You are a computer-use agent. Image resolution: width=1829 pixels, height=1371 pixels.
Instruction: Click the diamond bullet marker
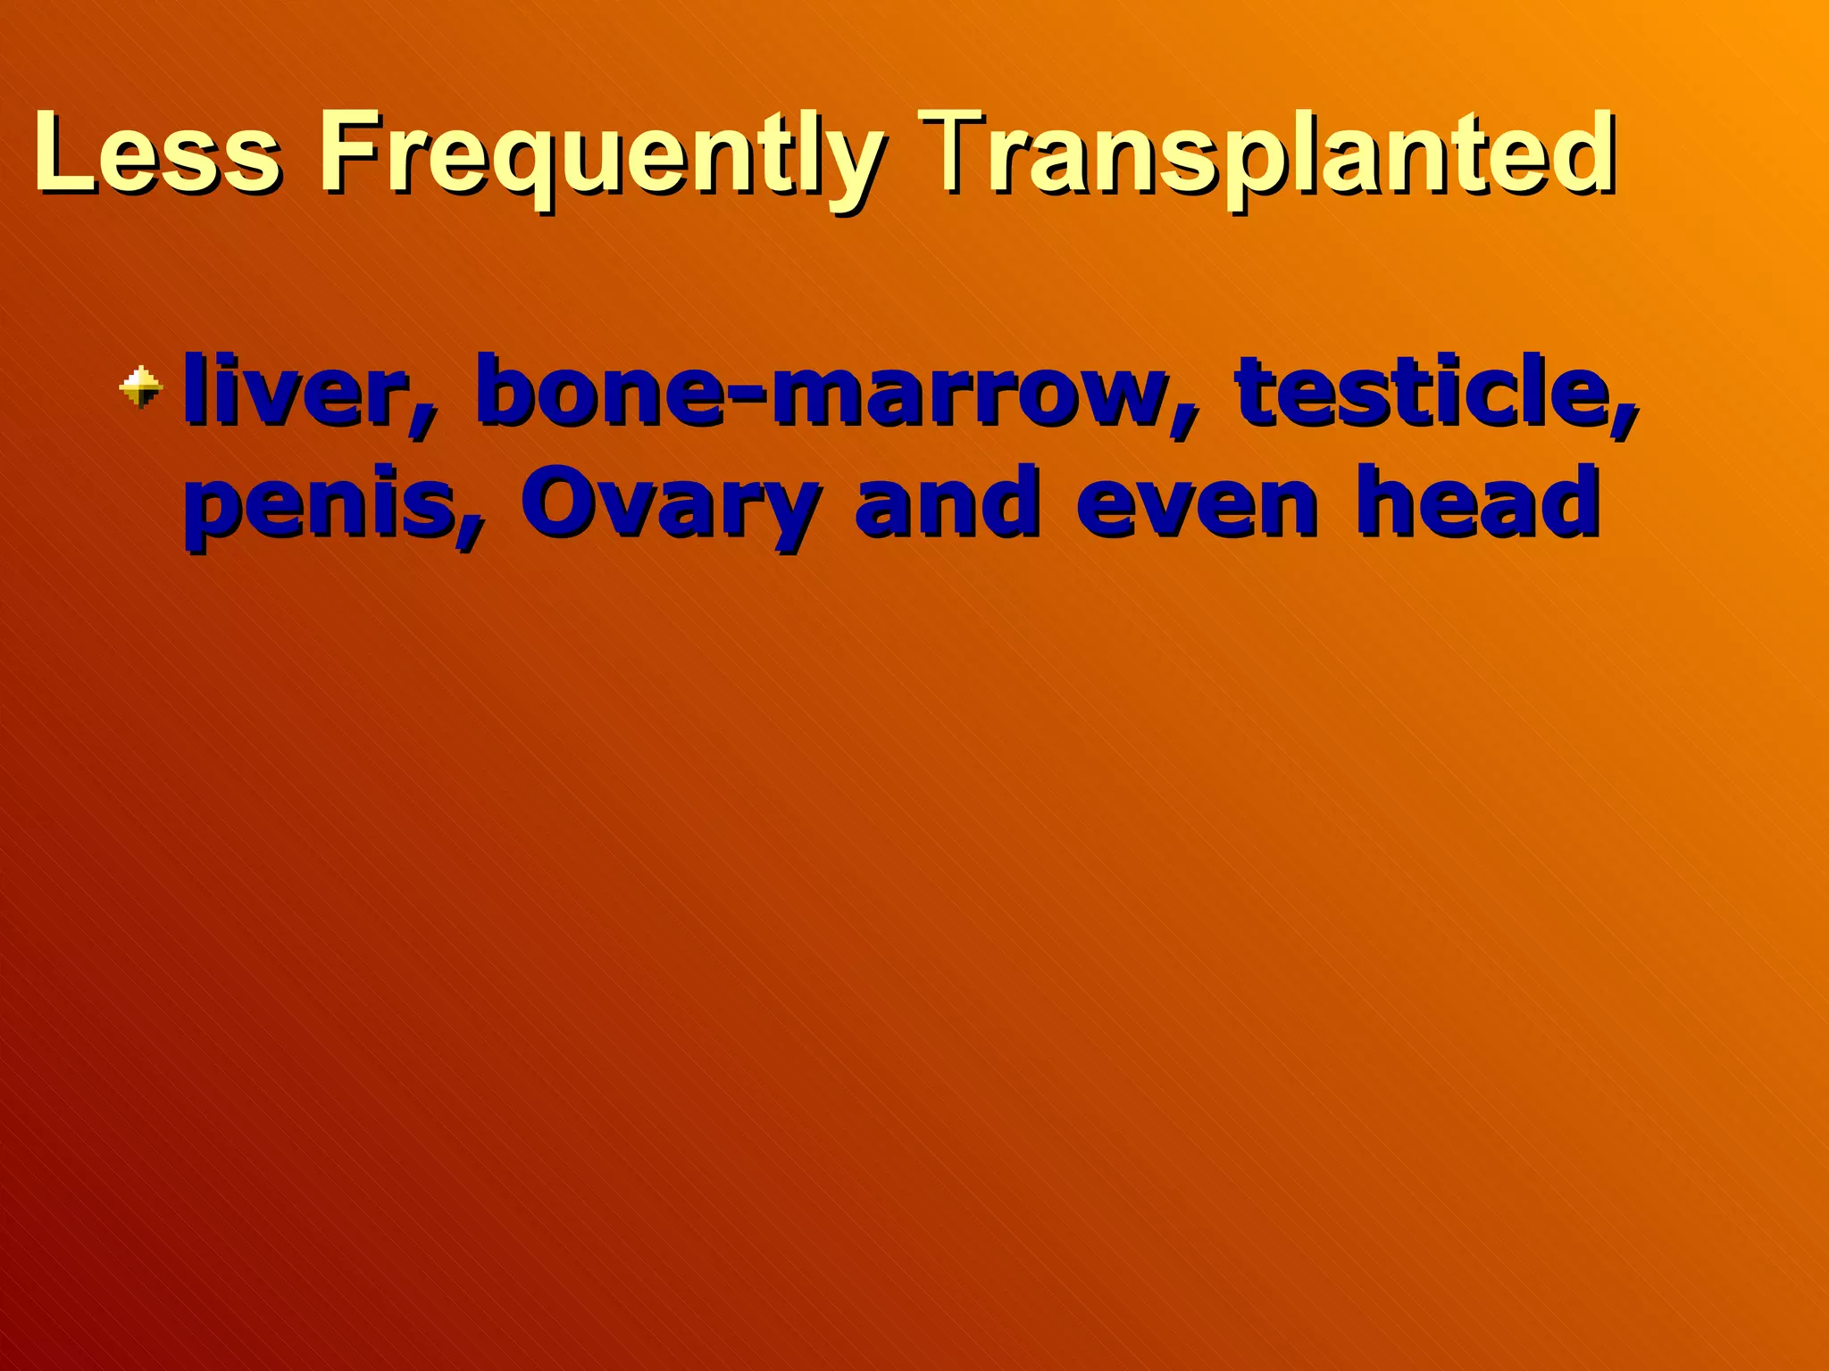pyautogui.click(x=142, y=386)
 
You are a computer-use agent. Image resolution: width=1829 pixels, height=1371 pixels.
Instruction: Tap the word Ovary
pyautogui.click(x=670, y=503)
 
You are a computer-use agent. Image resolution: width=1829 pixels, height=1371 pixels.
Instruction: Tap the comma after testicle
pyautogui.click(x=1624, y=423)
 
